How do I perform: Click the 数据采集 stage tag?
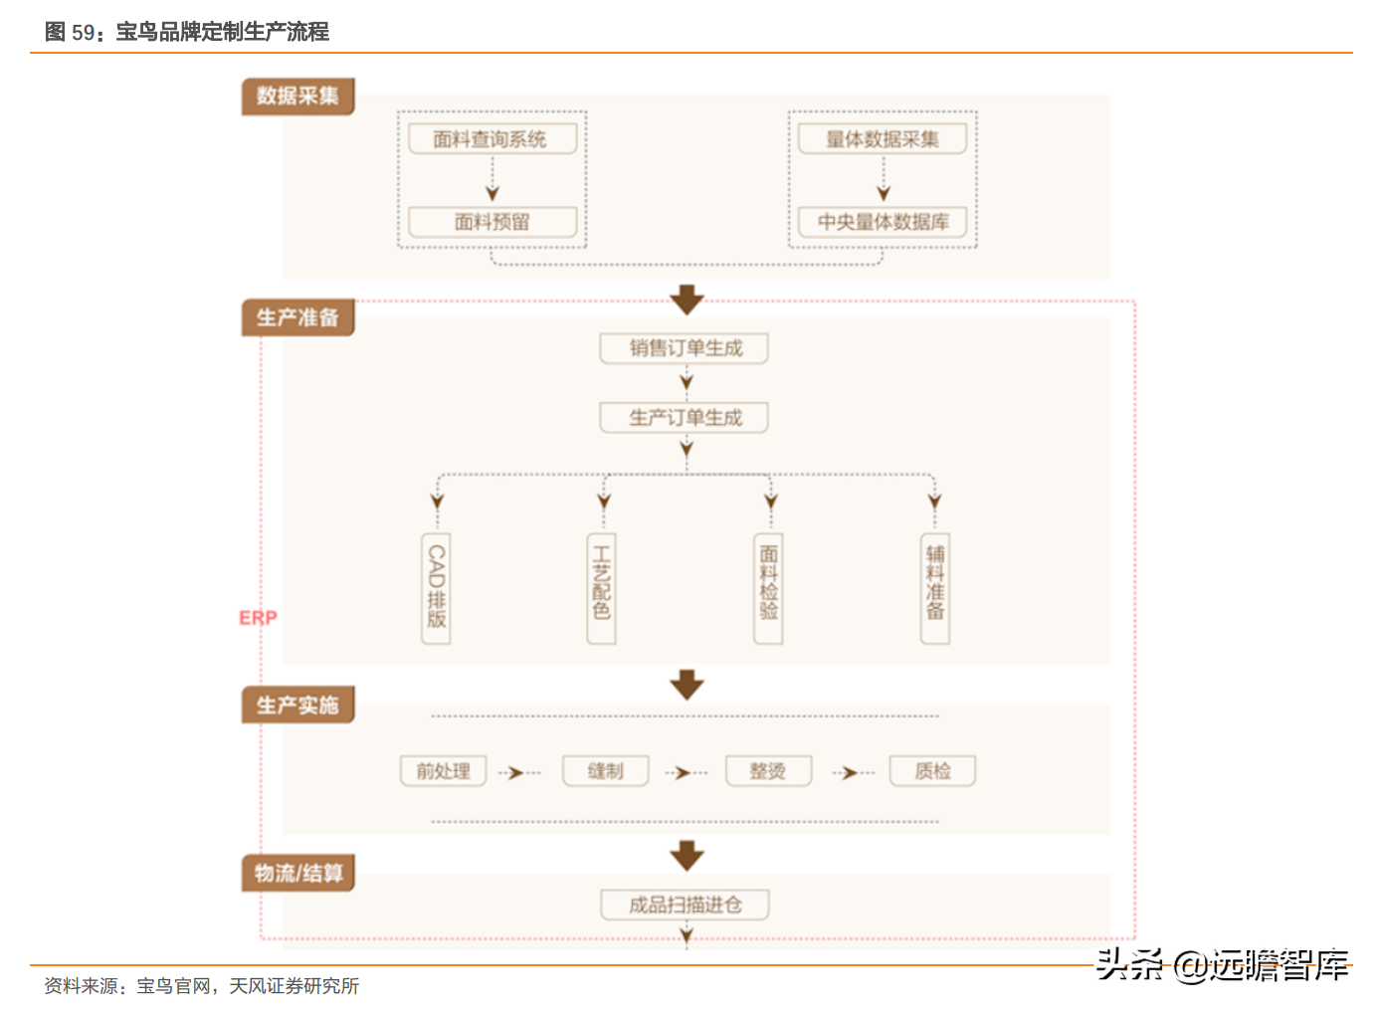pos(298,96)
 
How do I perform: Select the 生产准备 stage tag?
pos(298,317)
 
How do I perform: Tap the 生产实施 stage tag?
pos(298,705)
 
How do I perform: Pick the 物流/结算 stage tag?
pos(298,873)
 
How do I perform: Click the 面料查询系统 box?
pos(492,139)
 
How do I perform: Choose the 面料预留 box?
pos(492,222)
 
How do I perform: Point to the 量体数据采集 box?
pos(883,139)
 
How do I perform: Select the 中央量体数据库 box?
pos(883,222)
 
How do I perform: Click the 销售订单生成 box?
pos(685,348)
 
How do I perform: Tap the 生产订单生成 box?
pos(685,418)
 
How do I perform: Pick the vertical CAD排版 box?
pos(436,588)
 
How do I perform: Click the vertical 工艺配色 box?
pos(602,588)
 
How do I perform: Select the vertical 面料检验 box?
pos(768,588)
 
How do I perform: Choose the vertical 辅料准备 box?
pos(935,588)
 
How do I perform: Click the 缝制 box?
pos(606,771)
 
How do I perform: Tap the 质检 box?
pos(932,771)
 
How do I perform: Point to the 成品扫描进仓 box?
pos(685,905)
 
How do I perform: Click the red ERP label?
pos(259,617)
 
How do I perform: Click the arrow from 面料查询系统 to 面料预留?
pos(492,179)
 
